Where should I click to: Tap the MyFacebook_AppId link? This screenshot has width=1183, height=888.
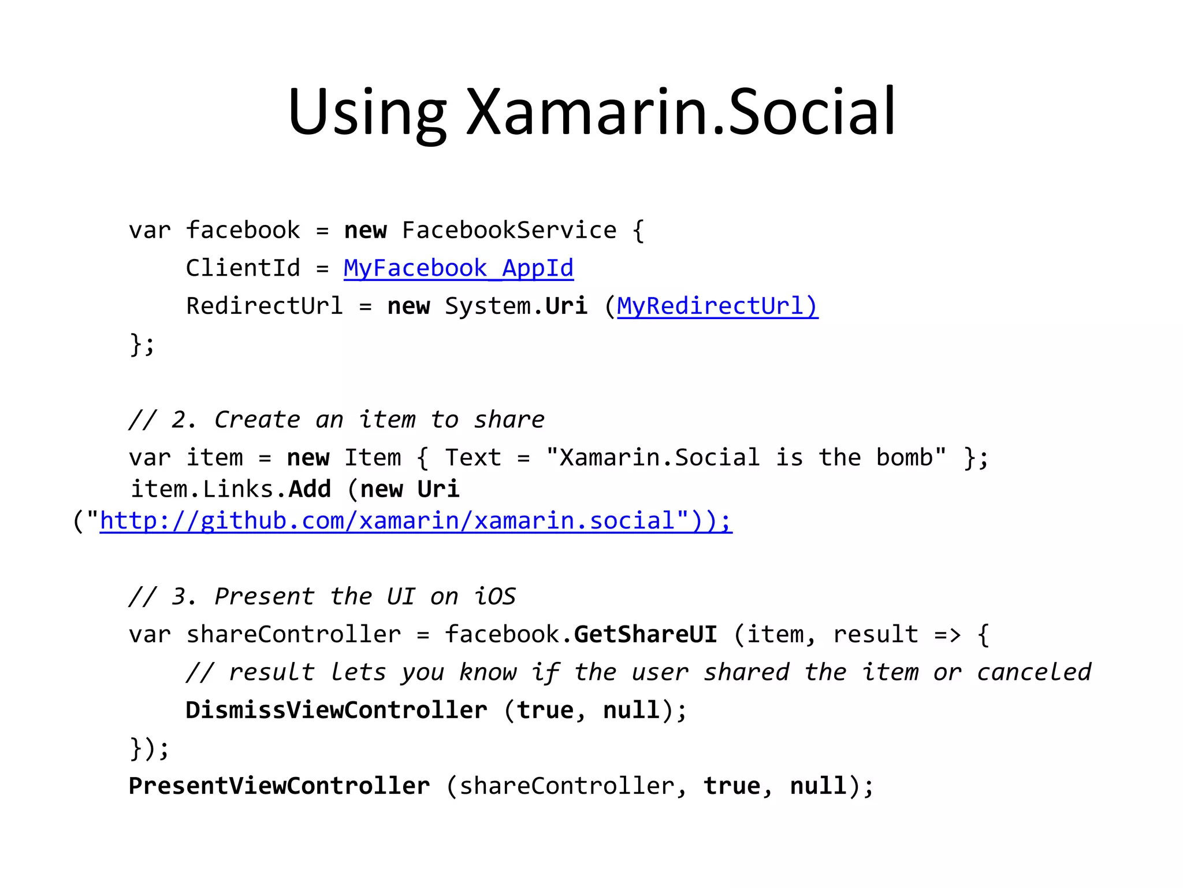pyautogui.click(x=459, y=268)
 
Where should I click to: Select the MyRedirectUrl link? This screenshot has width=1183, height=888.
pyautogui.click(x=717, y=306)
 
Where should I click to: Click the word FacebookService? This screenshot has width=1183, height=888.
pyautogui.click(x=509, y=230)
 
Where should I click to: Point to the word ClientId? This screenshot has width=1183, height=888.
pyautogui.click(x=243, y=268)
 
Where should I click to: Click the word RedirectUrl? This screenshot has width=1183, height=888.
pyautogui.click(x=264, y=306)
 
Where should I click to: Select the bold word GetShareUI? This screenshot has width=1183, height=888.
pyautogui.click(x=645, y=634)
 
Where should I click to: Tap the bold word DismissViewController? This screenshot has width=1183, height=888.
pyautogui.click(x=336, y=710)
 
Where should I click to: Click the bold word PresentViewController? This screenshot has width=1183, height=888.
pyautogui.click(x=279, y=786)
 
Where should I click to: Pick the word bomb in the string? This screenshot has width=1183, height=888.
pyautogui.click(x=904, y=457)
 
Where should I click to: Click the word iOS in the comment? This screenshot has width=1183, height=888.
pyautogui.click(x=494, y=597)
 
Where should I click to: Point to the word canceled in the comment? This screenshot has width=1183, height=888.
pyautogui.click(x=1034, y=672)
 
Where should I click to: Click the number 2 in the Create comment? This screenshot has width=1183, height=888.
pyautogui.click(x=178, y=420)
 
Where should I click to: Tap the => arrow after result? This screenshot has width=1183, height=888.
pyautogui.click(x=947, y=634)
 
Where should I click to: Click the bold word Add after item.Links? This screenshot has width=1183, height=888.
pyautogui.click(x=310, y=489)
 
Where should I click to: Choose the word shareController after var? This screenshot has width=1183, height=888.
pyautogui.click(x=293, y=634)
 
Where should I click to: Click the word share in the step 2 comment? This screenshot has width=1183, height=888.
pyautogui.click(x=509, y=420)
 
